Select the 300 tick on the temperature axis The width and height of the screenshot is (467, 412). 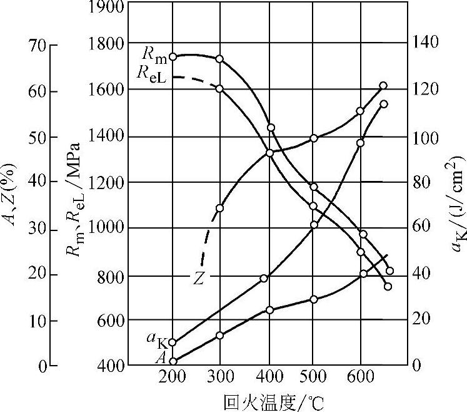(219, 377)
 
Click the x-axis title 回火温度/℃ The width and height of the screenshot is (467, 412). (274, 401)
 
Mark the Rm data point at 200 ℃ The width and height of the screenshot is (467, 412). (173, 56)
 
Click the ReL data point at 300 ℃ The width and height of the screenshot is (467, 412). (219, 88)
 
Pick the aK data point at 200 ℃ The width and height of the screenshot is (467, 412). (173, 342)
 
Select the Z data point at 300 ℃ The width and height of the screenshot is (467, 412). (219, 208)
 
